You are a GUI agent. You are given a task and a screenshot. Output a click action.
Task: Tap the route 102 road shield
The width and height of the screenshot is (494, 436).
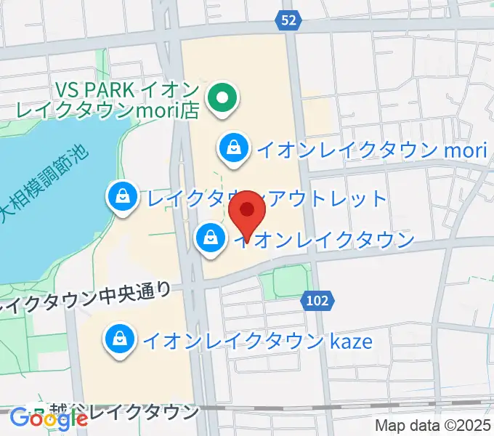pos(317,299)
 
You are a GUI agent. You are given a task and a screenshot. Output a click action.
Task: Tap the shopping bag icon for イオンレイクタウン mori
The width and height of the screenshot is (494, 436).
pos(234,148)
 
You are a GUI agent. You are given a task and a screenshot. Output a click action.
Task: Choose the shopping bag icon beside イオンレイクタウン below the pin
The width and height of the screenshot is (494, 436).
pos(210,238)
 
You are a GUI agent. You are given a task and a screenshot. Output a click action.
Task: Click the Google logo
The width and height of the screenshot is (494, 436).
pos(49,419)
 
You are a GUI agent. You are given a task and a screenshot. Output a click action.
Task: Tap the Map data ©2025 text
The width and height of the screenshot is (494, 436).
pos(432,426)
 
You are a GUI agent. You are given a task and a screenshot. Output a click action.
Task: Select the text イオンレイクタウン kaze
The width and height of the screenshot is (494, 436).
pos(259,339)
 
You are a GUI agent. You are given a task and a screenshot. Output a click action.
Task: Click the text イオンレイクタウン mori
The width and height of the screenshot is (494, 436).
pos(370,150)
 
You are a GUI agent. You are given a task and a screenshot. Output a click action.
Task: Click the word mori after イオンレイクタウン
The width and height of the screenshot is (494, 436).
pos(463,150)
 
